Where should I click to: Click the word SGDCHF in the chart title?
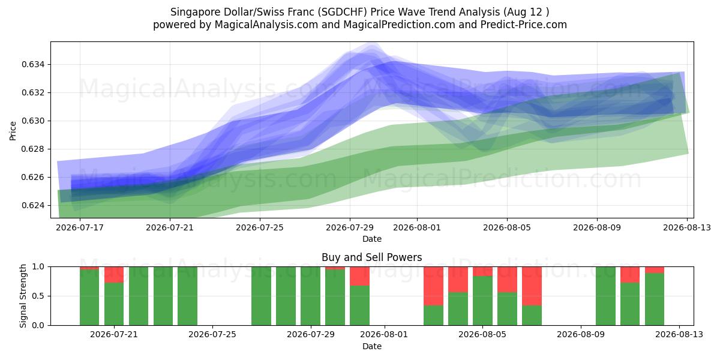[x=344, y=12]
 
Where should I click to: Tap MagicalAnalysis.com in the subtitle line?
[x=266, y=25]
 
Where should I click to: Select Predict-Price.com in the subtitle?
[x=524, y=25]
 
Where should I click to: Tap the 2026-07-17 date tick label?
[x=80, y=227]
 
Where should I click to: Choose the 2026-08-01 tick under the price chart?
[x=417, y=227]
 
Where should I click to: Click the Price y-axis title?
[x=13, y=131]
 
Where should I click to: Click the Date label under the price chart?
[x=372, y=239]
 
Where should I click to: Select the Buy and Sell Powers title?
[x=371, y=257]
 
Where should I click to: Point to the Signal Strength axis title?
[x=23, y=296]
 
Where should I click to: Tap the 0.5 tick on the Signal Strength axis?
[x=38, y=296]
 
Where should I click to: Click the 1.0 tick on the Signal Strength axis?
[x=38, y=267]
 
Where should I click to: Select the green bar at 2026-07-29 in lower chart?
[x=311, y=296]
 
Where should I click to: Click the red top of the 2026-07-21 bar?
[x=114, y=275]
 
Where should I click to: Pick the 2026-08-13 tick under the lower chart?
[x=679, y=335]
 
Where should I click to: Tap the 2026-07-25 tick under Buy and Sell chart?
[x=212, y=335]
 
